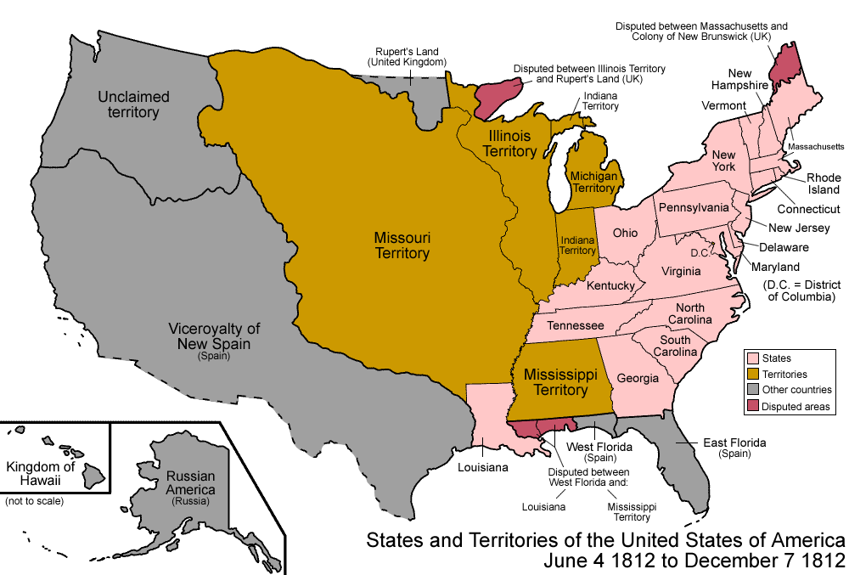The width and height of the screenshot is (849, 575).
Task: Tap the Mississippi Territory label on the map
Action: [556, 382]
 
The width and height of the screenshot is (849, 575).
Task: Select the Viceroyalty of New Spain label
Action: [214, 336]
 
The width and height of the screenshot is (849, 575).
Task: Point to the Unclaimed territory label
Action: [133, 104]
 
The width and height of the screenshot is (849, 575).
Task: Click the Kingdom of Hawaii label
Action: [41, 474]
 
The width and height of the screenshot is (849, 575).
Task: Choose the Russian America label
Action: [191, 483]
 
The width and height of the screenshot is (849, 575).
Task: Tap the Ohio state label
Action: [625, 233]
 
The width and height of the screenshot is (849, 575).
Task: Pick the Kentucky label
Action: [610, 286]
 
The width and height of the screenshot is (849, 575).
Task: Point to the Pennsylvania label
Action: [695, 207]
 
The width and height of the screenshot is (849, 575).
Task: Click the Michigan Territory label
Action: [593, 182]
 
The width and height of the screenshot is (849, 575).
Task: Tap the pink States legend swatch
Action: [751, 358]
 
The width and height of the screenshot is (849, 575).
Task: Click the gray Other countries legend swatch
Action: [751, 391]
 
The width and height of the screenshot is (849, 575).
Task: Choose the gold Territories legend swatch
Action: [751, 374]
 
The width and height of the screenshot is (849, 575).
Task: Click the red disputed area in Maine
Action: [790, 64]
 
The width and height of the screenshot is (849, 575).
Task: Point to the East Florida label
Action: [734, 443]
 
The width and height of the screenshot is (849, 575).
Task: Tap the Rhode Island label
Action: [823, 183]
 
